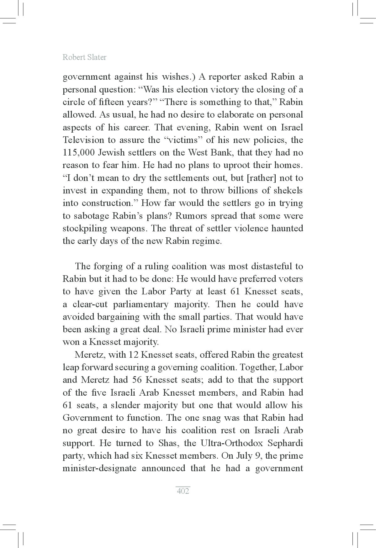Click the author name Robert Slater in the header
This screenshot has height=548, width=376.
pyautogui.click(x=84, y=57)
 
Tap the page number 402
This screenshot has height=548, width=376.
pyautogui.click(x=183, y=491)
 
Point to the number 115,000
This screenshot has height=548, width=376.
pyautogui.click(x=78, y=153)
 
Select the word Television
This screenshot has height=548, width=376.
pyautogui.click(x=83, y=140)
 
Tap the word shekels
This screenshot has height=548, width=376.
pyautogui.click(x=288, y=191)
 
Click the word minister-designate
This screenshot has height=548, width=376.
pyautogui.click(x=99, y=468)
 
